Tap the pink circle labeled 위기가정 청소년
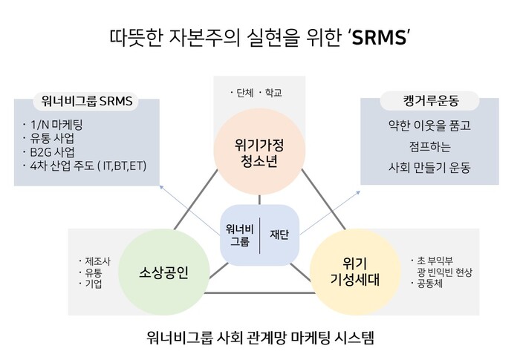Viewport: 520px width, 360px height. tap(259, 153)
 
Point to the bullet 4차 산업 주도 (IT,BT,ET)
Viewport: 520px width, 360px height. tap(86, 165)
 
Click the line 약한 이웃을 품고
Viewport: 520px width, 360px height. tap(419, 125)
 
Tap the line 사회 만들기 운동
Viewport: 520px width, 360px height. tap(419, 166)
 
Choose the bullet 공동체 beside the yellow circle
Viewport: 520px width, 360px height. tap(430, 284)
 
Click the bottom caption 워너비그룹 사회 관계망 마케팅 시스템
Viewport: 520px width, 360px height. tap(259, 338)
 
